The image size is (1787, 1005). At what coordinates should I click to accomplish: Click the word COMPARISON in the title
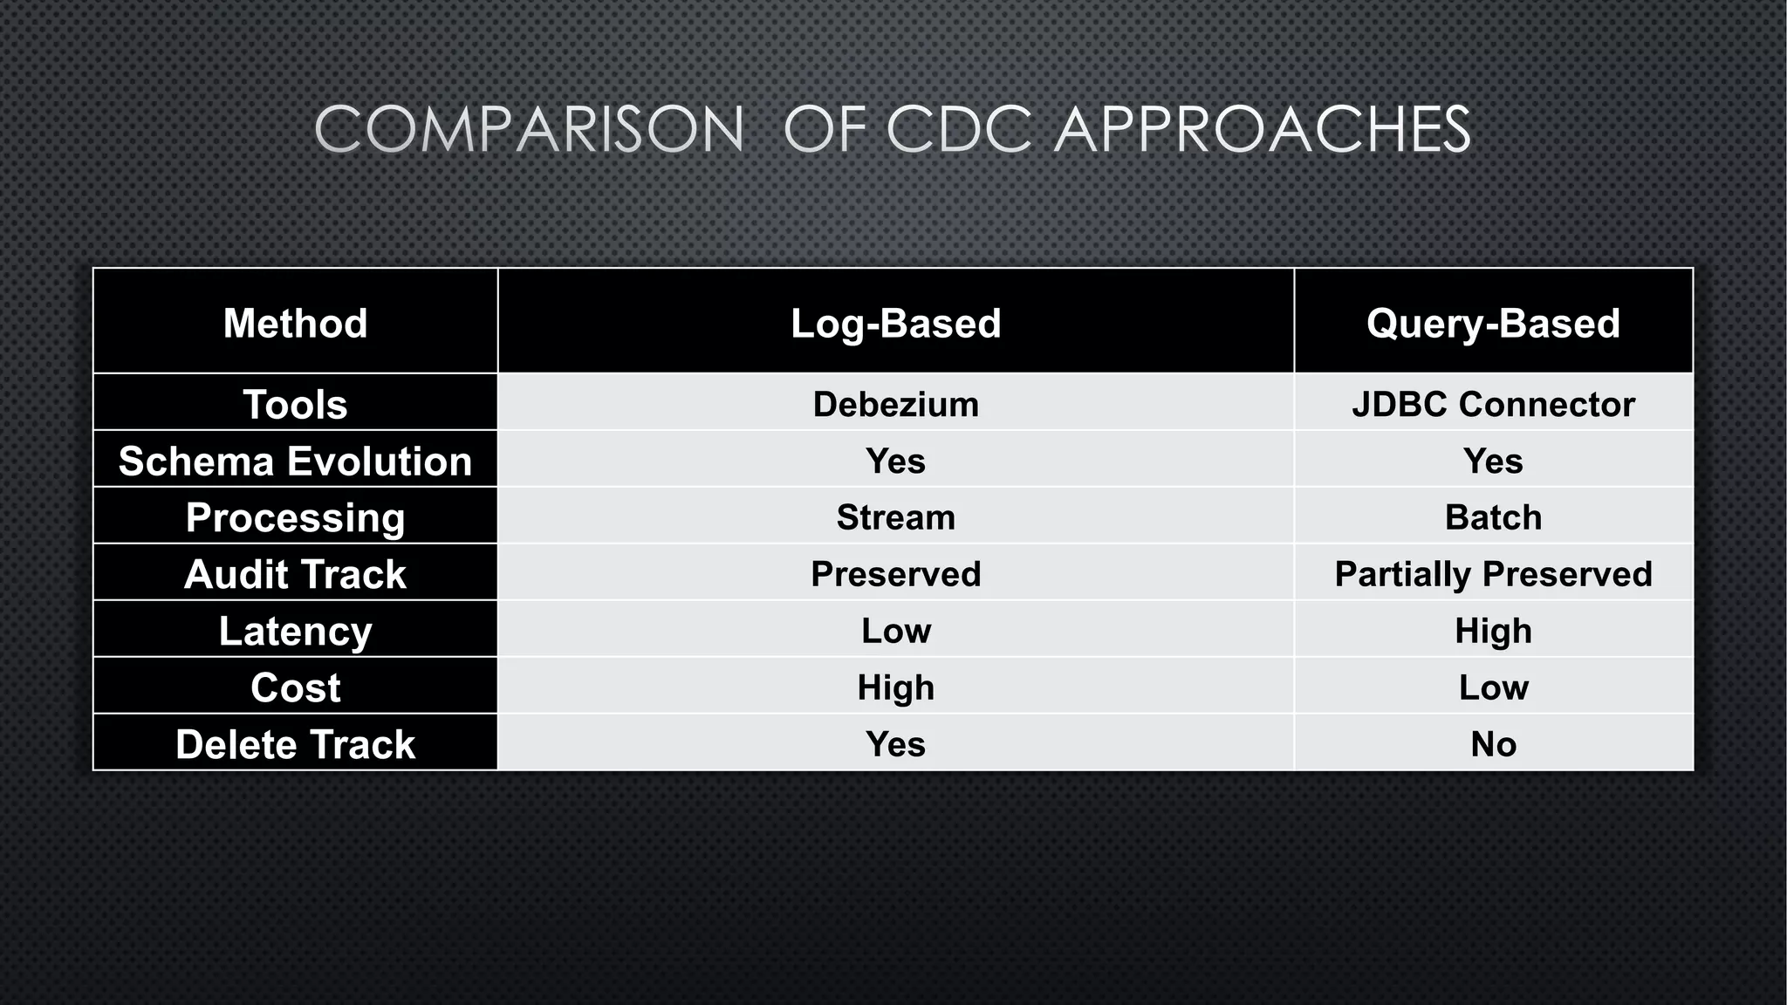529,130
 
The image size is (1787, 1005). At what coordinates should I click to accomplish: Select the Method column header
295,323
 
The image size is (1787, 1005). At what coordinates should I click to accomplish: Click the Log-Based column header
895,323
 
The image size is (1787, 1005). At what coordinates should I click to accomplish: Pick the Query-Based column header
1493,323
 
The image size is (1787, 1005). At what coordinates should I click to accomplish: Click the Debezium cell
895,404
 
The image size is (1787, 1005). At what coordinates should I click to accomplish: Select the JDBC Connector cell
1493,404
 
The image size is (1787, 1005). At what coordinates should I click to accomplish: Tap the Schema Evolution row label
295,461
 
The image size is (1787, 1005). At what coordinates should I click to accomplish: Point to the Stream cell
895,517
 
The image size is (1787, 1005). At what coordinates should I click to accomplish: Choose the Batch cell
1493,517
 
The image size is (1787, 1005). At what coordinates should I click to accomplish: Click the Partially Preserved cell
1493,574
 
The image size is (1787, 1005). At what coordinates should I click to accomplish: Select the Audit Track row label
295,574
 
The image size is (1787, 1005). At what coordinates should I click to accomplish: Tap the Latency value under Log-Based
895,631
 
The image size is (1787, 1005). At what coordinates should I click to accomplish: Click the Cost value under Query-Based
1493,687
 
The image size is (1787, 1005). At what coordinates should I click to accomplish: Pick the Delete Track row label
295,744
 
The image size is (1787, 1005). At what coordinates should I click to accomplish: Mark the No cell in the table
1493,744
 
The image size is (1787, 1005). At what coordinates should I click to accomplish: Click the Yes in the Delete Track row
895,744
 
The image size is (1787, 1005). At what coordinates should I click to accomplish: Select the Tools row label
295,404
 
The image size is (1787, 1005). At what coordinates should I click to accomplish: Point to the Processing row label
295,517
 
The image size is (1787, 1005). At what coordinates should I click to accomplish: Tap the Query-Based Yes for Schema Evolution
1493,461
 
